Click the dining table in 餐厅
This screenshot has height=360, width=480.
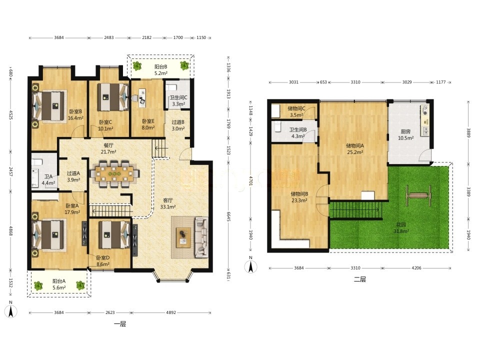pos(113,174)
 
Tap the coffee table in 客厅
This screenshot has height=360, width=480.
pos(183,237)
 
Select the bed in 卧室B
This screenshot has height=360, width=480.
pos(50,106)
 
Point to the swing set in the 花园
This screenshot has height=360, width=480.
pos(418,195)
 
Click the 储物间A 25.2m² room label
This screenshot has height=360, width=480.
pos(354,149)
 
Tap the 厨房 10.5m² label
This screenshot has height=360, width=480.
pos(405,134)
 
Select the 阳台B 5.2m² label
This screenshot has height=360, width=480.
pos(160,70)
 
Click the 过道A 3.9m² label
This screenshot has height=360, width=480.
pos(73,176)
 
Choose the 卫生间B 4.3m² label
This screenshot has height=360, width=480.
pos(298,133)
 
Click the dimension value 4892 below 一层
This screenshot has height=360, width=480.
pos(171,312)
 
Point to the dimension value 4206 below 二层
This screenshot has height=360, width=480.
pos(416,268)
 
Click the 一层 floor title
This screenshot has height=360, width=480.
pos(119,324)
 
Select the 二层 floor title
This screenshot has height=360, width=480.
pos(359,279)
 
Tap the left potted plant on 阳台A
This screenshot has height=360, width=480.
pos(38,286)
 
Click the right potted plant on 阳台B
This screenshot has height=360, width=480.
pos(184,65)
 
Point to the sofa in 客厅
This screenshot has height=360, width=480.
pos(201,237)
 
